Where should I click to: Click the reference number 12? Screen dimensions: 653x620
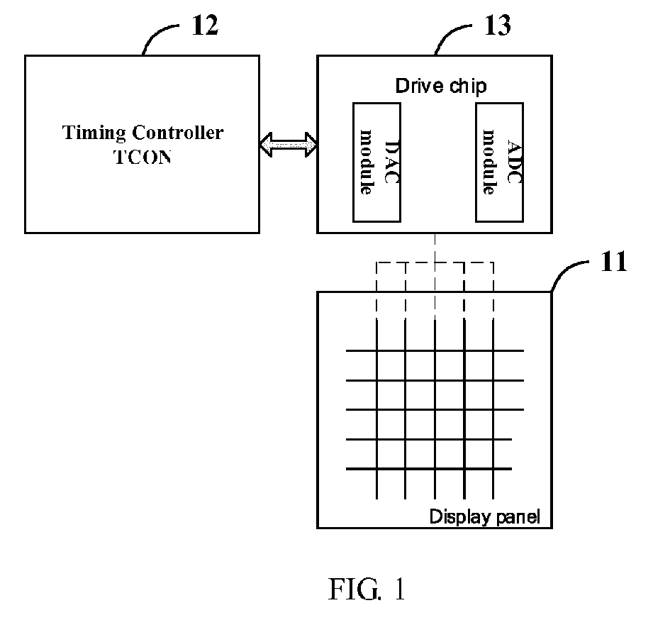click(205, 26)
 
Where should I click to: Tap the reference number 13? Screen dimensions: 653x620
click(497, 26)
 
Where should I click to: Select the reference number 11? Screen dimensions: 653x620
click(613, 262)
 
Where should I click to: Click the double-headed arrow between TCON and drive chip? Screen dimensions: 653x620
click(288, 145)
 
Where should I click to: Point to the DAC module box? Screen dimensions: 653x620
click(376, 162)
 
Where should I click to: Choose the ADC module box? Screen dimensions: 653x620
click(499, 162)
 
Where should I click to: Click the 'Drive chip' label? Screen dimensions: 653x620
click(440, 87)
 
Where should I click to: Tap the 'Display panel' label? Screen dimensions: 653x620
click(484, 516)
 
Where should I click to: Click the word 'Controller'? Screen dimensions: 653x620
click(178, 133)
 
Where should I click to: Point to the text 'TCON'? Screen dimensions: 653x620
click(143, 157)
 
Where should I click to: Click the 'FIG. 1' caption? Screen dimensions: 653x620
click(367, 589)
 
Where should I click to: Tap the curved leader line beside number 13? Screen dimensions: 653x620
click(447, 33)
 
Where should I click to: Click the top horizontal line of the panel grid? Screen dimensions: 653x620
click(435, 351)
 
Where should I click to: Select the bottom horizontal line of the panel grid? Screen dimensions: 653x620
click(428, 469)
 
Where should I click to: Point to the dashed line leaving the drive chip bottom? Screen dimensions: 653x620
click(435, 275)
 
